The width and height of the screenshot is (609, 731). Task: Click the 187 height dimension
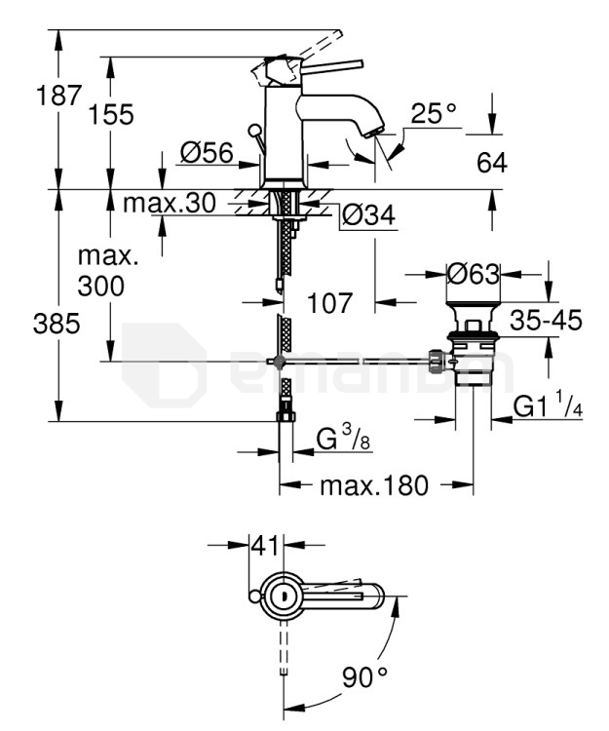pyautogui.click(x=58, y=96)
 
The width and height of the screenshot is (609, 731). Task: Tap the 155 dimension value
pyautogui.click(x=111, y=115)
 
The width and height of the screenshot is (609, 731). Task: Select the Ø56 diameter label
pyautogui.click(x=207, y=153)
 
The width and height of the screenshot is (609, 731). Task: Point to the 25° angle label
pyautogui.click(x=434, y=113)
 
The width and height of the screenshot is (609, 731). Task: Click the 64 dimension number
pyautogui.click(x=491, y=163)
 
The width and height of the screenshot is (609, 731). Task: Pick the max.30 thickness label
pyautogui.click(x=170, y=204)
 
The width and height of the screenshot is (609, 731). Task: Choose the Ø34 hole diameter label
pyautogui.click(x=368, y=215)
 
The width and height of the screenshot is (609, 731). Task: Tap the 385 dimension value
pyautogui.click(x=57, y=324)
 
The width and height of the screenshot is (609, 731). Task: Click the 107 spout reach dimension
pyautogui.click(x=330, y=303)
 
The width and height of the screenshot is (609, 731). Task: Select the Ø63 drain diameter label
pyautogui.click(x=474, y=274)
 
